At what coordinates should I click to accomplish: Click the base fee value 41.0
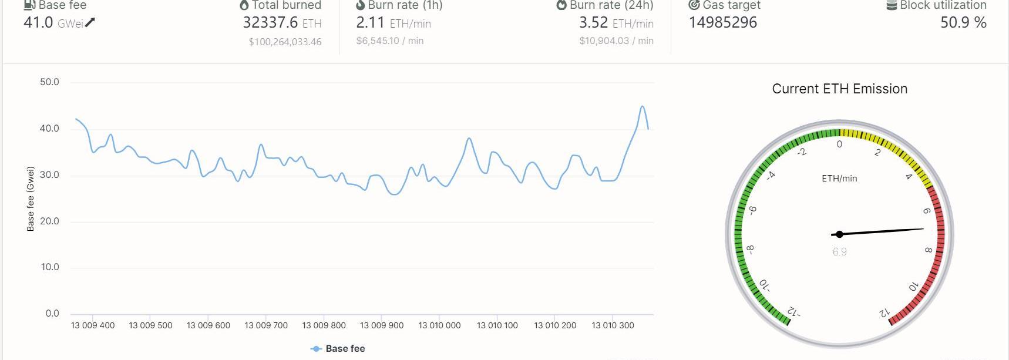(38, 23)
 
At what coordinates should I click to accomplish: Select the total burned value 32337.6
(270, 23)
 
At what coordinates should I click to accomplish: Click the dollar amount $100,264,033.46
(285, 42)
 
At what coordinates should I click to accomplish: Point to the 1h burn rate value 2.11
(370, 23)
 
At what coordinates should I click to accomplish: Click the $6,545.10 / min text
(389, 41)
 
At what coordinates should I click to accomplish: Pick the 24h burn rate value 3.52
(593, 23)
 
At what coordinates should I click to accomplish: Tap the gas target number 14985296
(722, 23)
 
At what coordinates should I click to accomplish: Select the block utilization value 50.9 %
(963, 23)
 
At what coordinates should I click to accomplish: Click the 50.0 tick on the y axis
(49, 82)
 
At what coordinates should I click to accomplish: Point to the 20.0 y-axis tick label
(49, 221)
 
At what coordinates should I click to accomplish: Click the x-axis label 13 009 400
(93, 325)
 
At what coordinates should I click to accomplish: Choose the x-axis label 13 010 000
(439, 325)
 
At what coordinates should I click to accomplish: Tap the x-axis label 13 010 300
(613, 325)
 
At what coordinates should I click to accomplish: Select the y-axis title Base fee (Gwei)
(31, 198)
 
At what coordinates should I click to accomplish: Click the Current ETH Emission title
(839, 89)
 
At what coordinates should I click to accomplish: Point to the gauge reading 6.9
(839, 252)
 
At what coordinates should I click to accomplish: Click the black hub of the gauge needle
(839, 234)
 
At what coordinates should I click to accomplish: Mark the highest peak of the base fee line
(643, 107)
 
